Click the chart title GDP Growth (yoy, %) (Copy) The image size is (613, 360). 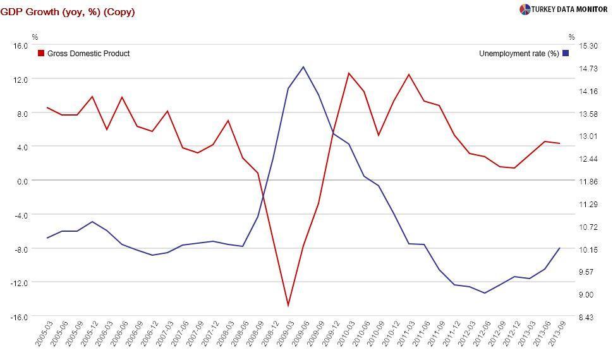68,12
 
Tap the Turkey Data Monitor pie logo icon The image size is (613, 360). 525,9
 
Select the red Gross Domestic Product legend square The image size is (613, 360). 41,54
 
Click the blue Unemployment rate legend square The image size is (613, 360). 566,54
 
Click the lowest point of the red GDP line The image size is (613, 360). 288,306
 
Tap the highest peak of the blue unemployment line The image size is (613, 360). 303,66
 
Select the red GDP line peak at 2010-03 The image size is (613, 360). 349,73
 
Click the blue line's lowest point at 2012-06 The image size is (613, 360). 485,293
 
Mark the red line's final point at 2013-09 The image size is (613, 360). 560,143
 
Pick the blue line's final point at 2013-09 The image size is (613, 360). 560,248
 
